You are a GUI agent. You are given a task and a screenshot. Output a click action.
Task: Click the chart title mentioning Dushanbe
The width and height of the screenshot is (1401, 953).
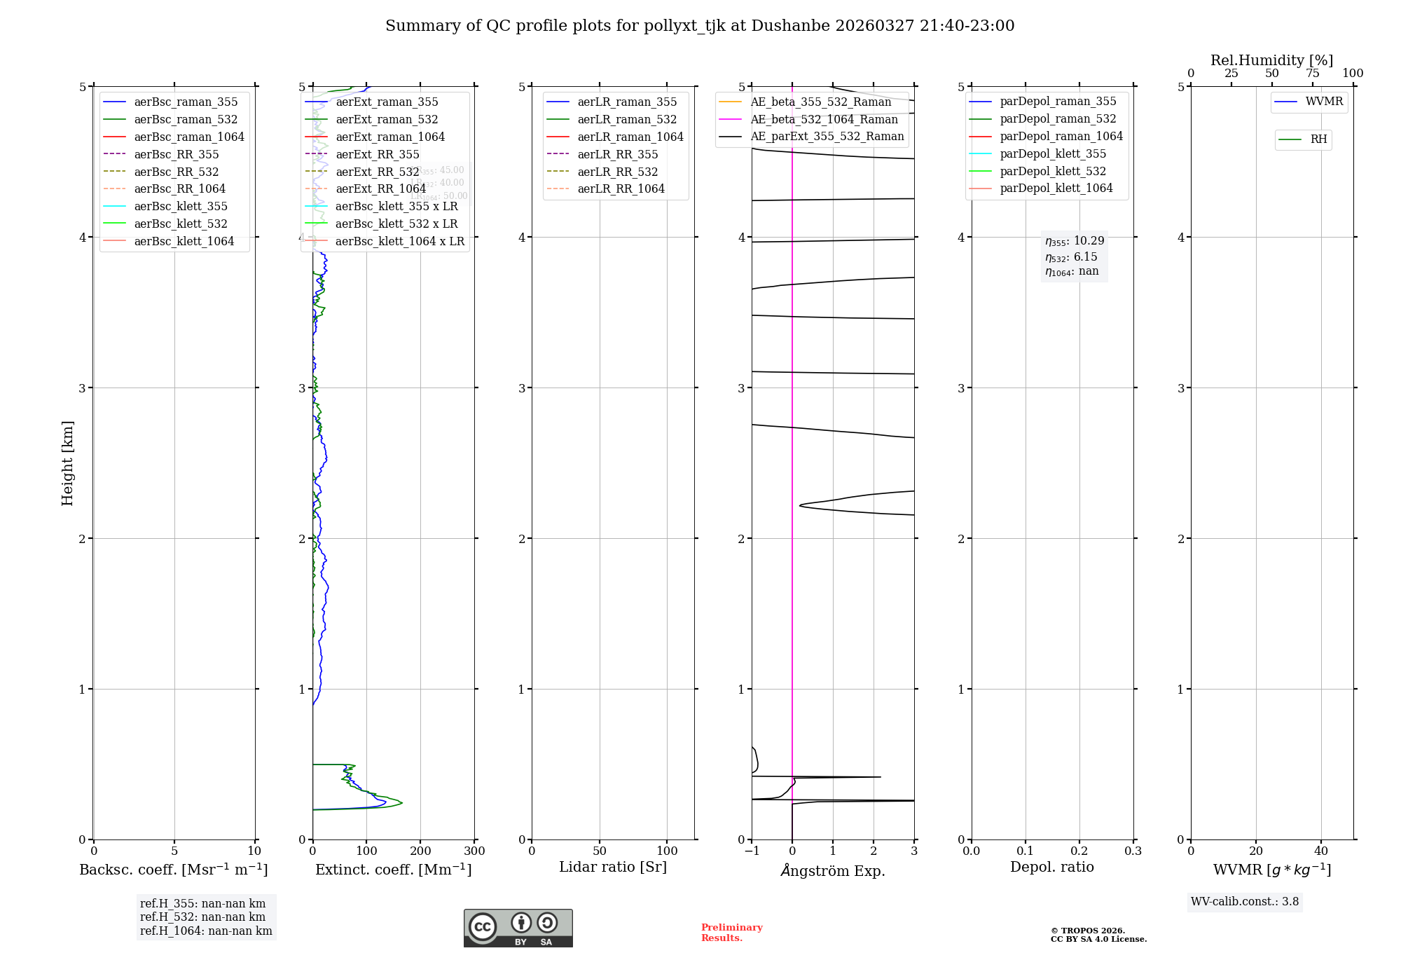tap(700, 26)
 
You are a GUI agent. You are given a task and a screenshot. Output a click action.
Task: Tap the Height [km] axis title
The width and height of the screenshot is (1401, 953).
tap(67, 462)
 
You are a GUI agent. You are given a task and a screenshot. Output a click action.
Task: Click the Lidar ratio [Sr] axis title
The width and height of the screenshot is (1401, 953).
tap(613, 867)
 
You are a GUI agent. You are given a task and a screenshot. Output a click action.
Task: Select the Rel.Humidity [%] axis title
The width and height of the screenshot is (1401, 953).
tap(1271, 60)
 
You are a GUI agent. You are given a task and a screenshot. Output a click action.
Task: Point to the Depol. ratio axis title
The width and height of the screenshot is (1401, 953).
tap(1051, 867)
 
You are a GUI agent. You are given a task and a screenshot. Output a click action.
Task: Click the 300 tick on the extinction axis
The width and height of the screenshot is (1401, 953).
tap(474, 851)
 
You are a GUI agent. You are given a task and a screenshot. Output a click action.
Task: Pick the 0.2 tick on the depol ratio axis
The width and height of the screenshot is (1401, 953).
tap(1079, 851)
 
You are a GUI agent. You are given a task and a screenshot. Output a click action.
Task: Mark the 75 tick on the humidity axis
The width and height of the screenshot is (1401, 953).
tap(1312, 74)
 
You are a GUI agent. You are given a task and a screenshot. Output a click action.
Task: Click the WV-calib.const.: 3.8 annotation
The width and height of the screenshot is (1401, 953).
tap(1245, 902)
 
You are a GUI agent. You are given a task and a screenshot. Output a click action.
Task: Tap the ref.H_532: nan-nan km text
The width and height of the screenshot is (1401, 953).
tap(202, 917)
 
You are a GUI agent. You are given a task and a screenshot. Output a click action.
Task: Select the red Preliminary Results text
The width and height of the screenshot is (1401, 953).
tap(731, 933)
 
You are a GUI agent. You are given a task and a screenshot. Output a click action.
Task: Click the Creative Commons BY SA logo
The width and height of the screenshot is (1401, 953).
tap(518, 928)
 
